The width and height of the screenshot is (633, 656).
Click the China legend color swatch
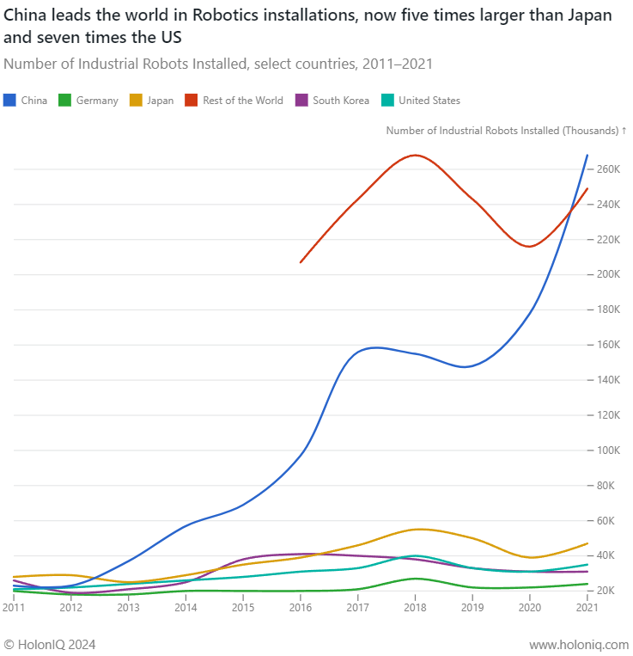[x=10, y=100]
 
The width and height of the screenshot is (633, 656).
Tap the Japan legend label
[x=160, y=101]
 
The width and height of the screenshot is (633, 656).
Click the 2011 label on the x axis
[x=13, y=608]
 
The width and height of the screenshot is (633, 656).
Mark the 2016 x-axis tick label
[x=300, y=608]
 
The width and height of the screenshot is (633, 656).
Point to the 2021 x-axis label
[x=587, y=608]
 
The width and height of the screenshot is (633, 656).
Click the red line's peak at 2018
[x=415, y=155]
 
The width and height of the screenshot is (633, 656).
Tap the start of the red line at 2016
[x=300, y=262]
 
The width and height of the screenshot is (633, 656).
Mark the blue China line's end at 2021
[x=587, y=156]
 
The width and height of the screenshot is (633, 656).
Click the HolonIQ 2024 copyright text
[x=50, y=644]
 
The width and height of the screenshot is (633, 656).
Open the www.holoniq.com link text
[x=579, y=644]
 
